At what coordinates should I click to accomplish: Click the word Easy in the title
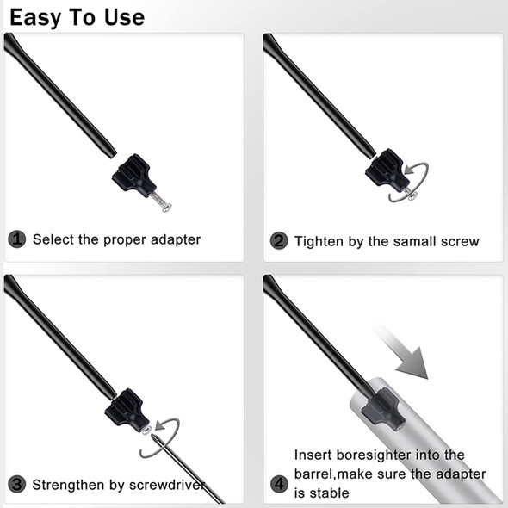35,18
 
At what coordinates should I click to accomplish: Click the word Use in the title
124,17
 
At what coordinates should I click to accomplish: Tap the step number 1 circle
17,239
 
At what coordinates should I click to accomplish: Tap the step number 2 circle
279,241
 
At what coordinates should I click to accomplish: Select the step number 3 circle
17,485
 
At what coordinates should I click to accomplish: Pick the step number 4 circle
279,485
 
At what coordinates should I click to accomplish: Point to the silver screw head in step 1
166,207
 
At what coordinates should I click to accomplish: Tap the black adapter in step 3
127,411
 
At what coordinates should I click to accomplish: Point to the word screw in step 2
460,242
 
